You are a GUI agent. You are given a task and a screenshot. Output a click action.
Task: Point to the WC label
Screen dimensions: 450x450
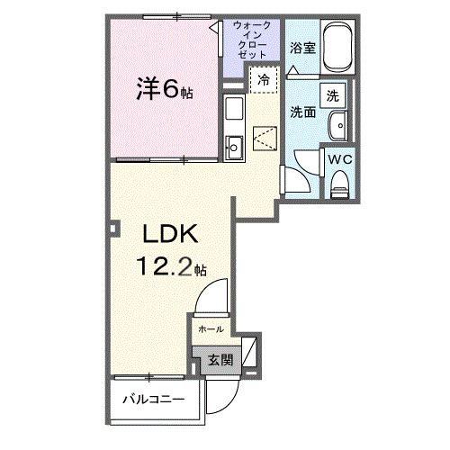[338, 160]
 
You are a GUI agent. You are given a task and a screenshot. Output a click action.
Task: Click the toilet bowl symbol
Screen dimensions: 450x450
[339, 184]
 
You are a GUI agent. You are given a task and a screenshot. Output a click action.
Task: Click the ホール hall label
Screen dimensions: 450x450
[211, 328]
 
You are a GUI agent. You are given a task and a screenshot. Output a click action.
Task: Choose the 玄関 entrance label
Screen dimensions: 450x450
[220, 360]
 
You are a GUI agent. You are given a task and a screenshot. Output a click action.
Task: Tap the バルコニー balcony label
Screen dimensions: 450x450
[154, 396]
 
